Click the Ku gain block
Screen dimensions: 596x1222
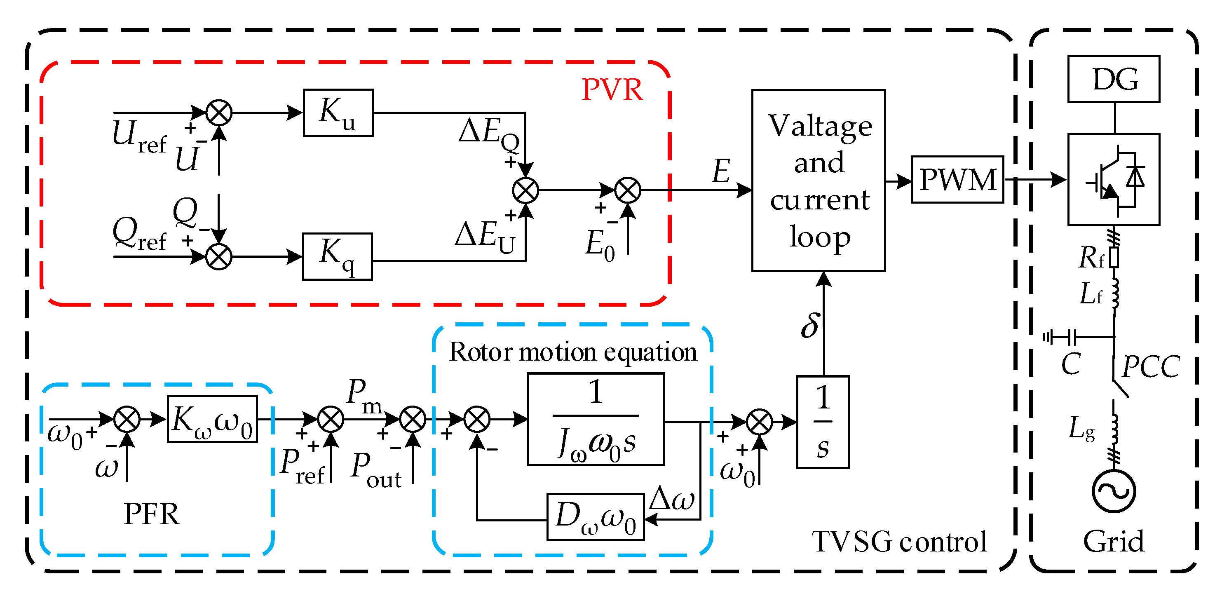338,113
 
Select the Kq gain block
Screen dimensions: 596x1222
337,257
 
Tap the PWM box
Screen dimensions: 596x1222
957,180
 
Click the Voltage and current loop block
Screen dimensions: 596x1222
818,180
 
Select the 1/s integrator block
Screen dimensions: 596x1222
823,422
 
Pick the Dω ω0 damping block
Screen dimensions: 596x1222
596,517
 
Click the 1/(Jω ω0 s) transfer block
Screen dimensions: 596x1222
596,420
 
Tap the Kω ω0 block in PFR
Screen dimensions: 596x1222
212,420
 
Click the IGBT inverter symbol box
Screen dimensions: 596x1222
1113,179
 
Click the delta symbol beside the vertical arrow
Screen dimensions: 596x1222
810,326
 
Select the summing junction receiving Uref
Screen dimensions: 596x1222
219,113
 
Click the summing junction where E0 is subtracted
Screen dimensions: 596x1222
628,190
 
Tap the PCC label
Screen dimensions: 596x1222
1150,366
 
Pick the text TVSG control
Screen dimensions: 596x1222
899,542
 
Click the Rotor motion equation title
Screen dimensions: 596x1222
572,352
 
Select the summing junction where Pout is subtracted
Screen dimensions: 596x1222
413,420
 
